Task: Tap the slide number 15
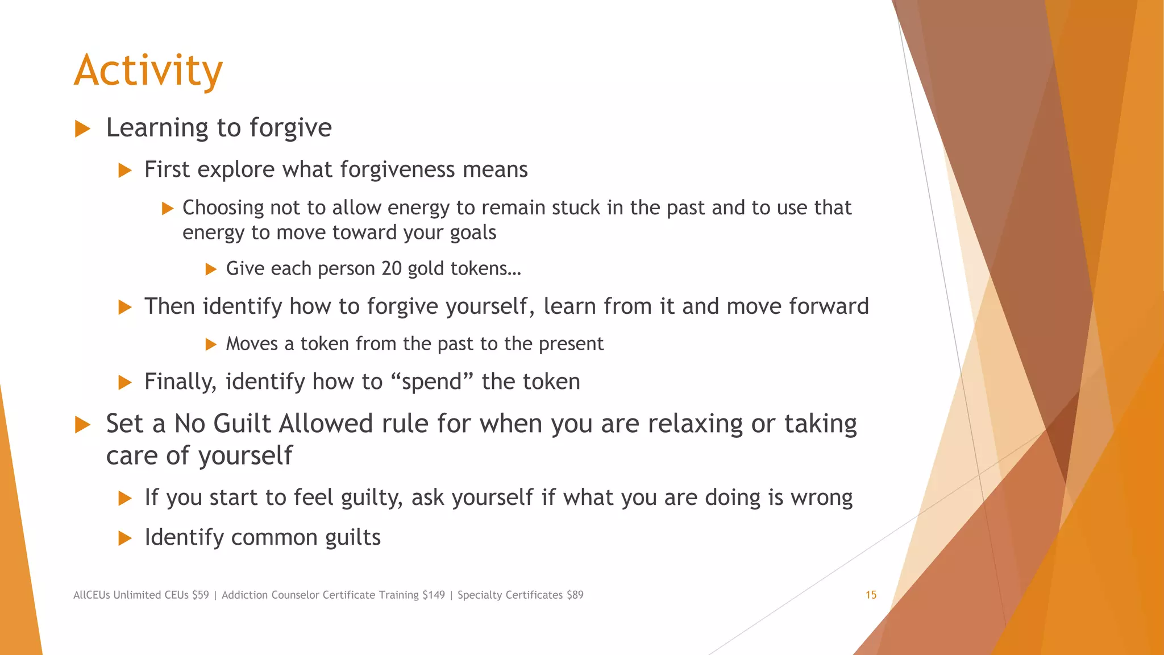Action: pyautogui.click(x=871, y=595)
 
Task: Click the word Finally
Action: pyautogui.click(x=180, y=382)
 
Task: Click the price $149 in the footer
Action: pyautogui.click(x=433, y=595)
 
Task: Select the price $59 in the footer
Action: pyautogui.click(x=200, y=595)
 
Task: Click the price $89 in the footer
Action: pyautogui.click(x=575, y=595)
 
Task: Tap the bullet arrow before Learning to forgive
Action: pyautogui.click(x=83, y=128)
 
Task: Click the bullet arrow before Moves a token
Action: pyautogui.click(x=211, y=344)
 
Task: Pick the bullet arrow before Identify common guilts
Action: pyautogui.click(x=125, y=538)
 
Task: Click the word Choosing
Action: pyautogui.click(x=223, y=208)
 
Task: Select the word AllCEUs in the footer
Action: pyautogui.click(x=92, y=595)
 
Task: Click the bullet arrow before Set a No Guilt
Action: pyautogui.click(x=83, y=425)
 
